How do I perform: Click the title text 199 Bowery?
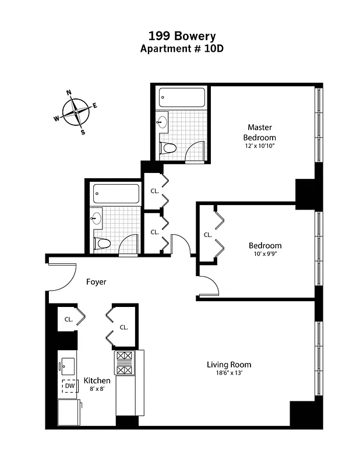click(181, 37)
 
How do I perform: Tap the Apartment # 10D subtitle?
click(182, 49)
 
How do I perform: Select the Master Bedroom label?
click(259, 132)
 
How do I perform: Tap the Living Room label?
click(229, 365)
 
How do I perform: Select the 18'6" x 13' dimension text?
click(229, 373)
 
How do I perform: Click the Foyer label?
click(96, 282)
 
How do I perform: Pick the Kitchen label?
click(97, 380)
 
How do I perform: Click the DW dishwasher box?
click(70, 386)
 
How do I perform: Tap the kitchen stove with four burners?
click(125, 362)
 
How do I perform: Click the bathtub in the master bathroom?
click(182, 97)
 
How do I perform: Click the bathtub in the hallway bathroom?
click(117, 193)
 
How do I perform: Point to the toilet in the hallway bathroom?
click(103, 243)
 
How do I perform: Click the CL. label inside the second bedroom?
click(207, 235)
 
